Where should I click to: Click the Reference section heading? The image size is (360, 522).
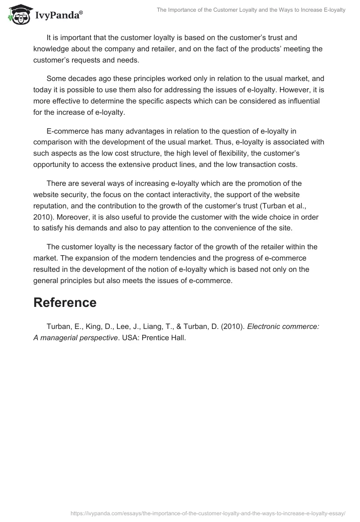pyautogui.click(x=65, y=302)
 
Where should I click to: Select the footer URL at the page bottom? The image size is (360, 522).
pyautogui.click(x=208, y=513)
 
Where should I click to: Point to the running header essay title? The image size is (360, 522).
pyautogui.click(x=251, y=10)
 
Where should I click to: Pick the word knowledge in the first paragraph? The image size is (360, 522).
pyautogui.click(x=53, y=49)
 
